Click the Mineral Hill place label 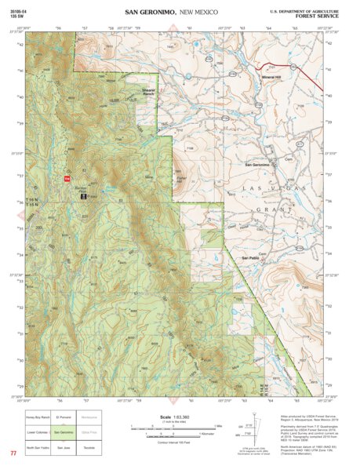click(x=271, y=78)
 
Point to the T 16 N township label click(x=35, y=199)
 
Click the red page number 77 click(x=13, y=454)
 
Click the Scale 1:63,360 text click(x=169, y=417)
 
